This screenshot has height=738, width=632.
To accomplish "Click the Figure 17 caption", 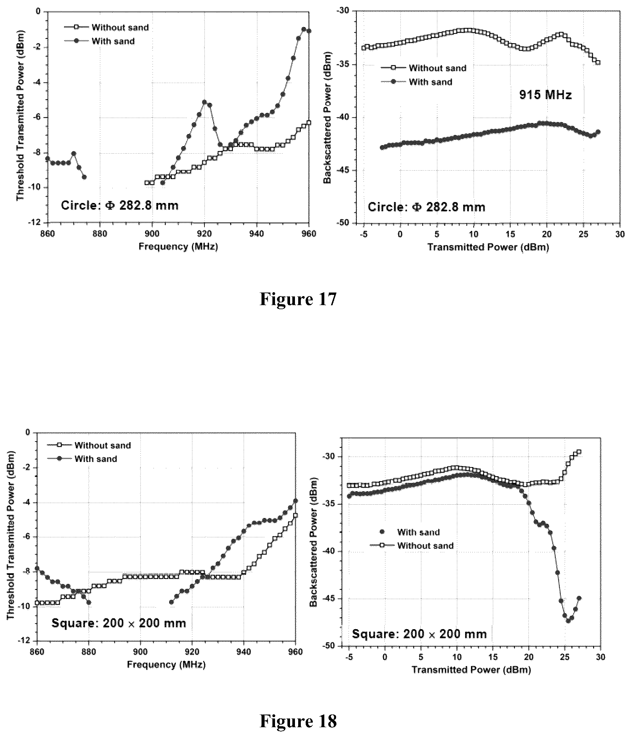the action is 298,299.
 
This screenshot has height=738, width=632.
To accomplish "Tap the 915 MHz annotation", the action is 545,95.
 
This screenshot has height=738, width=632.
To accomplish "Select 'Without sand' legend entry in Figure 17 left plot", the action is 107,27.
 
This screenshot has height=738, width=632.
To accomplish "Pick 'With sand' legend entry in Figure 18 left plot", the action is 82,459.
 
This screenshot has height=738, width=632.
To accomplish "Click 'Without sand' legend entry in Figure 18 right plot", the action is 412,546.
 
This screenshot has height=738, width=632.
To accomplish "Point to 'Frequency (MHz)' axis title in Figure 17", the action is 178,246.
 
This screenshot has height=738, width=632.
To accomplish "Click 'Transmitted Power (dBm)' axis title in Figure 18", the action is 471,670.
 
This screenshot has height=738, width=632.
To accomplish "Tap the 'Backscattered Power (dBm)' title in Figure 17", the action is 327,117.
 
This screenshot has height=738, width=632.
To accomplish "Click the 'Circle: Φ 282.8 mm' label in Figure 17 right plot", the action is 426,207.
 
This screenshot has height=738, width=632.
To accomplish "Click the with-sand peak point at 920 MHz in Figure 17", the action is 204,102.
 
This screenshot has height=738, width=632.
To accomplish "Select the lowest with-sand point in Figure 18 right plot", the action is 568,621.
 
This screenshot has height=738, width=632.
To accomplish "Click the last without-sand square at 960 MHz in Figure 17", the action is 309,123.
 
